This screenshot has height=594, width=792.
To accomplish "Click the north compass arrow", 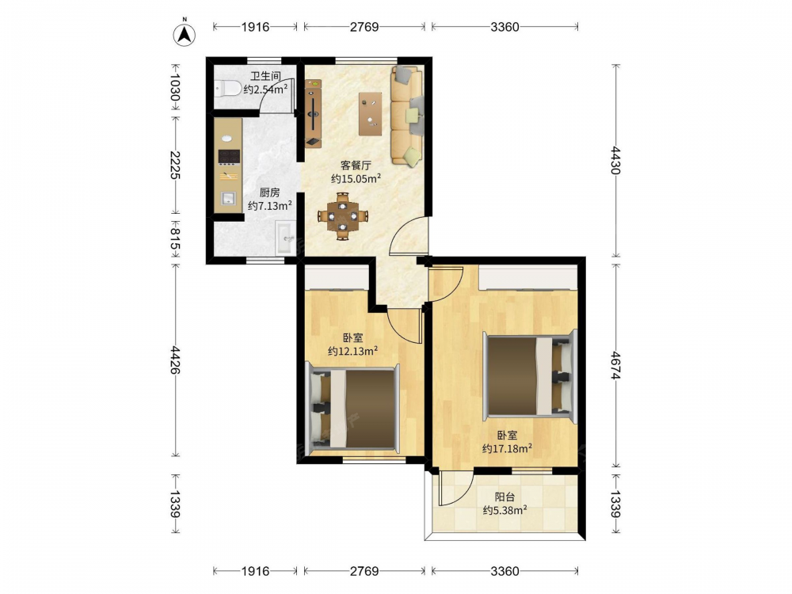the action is coord(185,34).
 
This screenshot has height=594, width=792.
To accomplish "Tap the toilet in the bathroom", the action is coord(227,89).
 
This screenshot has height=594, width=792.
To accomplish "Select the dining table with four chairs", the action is coord(342,216).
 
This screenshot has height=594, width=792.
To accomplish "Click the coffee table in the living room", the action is coord(370,113).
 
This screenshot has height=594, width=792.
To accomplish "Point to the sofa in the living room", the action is coord(407,116).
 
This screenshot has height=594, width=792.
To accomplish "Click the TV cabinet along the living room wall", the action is coord(313,113).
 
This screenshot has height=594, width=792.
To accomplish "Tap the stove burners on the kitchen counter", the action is coord(228,157).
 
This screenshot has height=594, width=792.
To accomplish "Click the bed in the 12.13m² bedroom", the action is coord(352,409).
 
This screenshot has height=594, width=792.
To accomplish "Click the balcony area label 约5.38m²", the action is coord(505,510).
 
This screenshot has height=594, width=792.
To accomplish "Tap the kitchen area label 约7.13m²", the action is coord(270,206).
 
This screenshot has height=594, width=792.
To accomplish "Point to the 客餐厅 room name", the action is coord(356,166).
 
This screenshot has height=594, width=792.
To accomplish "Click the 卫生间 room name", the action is coord(265,76).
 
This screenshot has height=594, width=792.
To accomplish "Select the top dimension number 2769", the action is coord(364,27).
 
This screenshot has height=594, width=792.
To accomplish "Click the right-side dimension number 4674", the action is coord(615,365).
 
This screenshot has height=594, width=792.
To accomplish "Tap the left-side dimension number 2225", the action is coord(175,165).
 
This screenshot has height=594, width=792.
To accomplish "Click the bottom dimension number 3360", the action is coord(505,571).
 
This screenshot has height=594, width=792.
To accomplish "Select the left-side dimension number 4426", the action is coord(175,360).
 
